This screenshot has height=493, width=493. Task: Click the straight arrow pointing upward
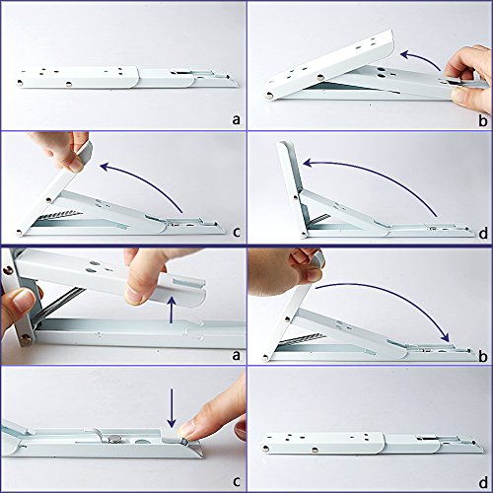pyautogui.click(x=171, y=310)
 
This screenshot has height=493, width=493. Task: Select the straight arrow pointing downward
pyautogui.click(x=172, y=407)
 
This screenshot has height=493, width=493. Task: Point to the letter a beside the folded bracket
pyautogui.click(x=236, y=120)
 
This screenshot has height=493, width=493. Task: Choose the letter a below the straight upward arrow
pyautogui.click(x=236, y=355)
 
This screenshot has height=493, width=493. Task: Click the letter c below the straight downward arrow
pyautogui.click(x=236, y=481)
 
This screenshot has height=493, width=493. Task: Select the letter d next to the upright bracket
pyautogui.click(x=483, y=233)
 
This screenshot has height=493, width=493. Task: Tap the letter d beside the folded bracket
pyautogui.click(x=483, y=482)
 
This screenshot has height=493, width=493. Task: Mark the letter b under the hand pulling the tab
pyautogui.click(x=482, y=120)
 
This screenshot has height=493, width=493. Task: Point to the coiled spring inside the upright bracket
pyautogui.click(x=317, y=219)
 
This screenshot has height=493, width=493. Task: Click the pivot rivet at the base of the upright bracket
pyautogui.click(x=304, y=235)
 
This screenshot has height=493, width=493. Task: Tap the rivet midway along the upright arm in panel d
pyautogui.click(x=295, y=197)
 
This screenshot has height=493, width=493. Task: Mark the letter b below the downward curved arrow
pyautogui.click(x=482, y=357)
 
